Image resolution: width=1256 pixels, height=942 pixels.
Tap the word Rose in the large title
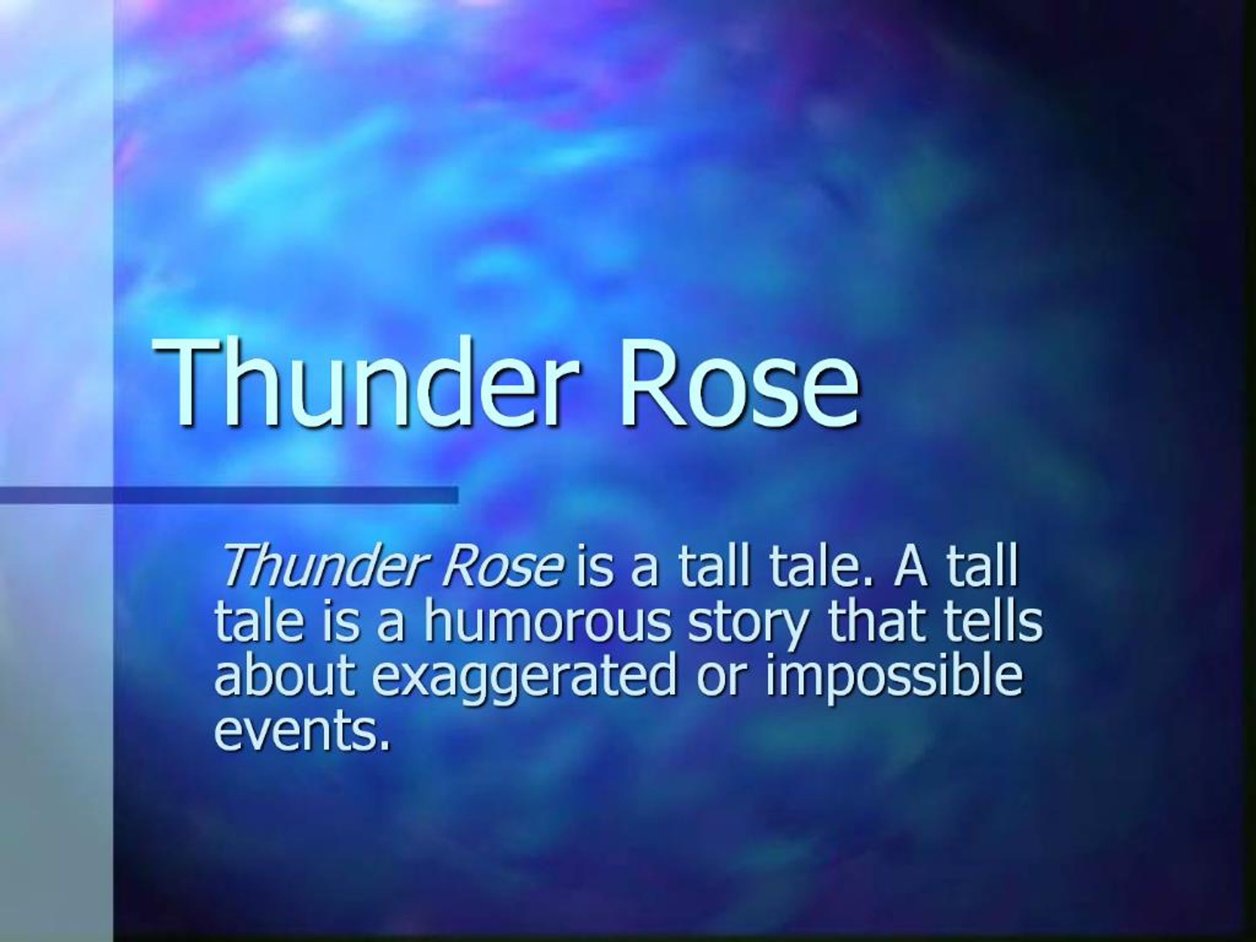pyautogui.click(x=739, y=383)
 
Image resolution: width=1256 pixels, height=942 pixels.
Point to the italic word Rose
pyautogui.click(x=503, y=568)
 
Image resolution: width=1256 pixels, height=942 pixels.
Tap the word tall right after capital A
pyautogui.click(x=983, y=568)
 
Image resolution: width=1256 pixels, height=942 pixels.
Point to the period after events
pyautogui.click(x=386, y=744)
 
